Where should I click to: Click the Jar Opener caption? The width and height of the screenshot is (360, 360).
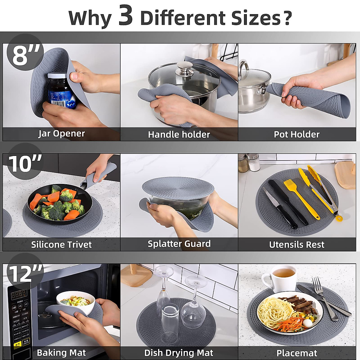[x=61, y=133]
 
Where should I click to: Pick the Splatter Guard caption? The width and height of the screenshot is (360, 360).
[x=179, y=244]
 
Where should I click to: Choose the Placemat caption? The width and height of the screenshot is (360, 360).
[x=297, y=353]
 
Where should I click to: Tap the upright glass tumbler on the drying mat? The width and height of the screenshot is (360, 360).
[x=170, y=318]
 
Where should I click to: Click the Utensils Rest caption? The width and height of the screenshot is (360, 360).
[x=297, y=244]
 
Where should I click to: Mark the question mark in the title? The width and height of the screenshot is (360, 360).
[x=287, y=18]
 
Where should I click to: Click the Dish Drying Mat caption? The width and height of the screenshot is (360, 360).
[x=179, y=353]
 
